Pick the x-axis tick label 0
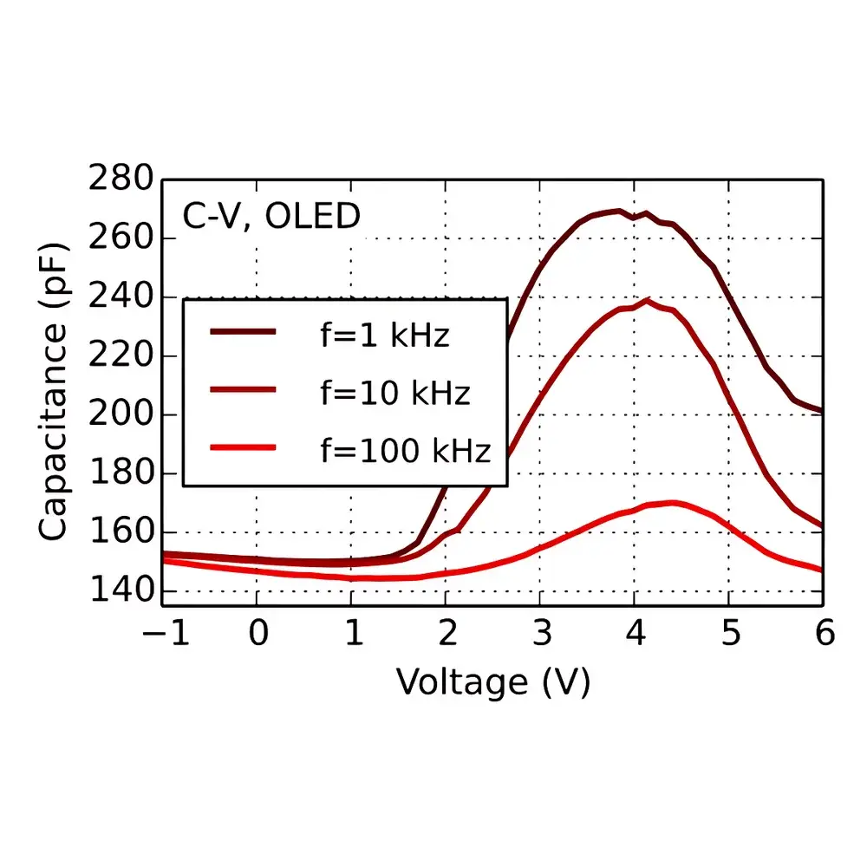tap(257, 633)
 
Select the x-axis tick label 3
tap(540, 633)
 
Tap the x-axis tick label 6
tap(823, 633)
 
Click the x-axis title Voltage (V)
tap(493, 682)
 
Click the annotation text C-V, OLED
tap(271, 217)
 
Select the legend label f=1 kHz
tap(385, 335)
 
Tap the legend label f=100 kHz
tap(405, 450)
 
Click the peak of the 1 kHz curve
tap(619, 211)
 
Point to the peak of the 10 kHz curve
tap(647, 300)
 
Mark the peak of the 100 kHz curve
tap(671, 502)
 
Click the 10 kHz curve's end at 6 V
tap(822, 525)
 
